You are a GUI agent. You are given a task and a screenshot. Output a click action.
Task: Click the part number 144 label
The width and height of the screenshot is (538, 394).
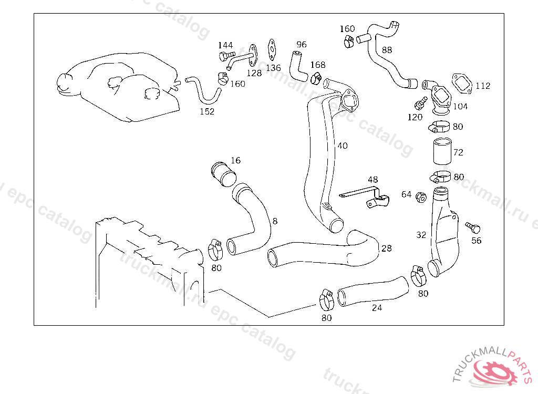tap(225, 45)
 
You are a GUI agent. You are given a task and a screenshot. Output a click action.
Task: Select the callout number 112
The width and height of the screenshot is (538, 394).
tap(483, 86)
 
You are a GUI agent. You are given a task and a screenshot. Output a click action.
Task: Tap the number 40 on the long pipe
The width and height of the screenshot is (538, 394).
tap(342, 146)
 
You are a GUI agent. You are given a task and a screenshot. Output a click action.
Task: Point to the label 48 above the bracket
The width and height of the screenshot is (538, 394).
tap(373, 180)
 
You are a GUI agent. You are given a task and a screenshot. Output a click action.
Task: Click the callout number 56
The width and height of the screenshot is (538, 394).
tap(476, 241)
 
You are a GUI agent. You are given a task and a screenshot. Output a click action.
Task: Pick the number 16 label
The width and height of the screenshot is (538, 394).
tap(235, 160)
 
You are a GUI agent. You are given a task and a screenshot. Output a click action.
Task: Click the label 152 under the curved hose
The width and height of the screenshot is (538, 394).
tap(207, 111)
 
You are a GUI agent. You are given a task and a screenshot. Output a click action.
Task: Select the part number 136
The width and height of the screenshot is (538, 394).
tap(273, 68)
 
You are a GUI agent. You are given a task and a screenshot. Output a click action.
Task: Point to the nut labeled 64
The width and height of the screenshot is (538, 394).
tap(420, 198)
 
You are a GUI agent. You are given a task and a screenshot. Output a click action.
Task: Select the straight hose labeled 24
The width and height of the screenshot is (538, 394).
tap(373, 291)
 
